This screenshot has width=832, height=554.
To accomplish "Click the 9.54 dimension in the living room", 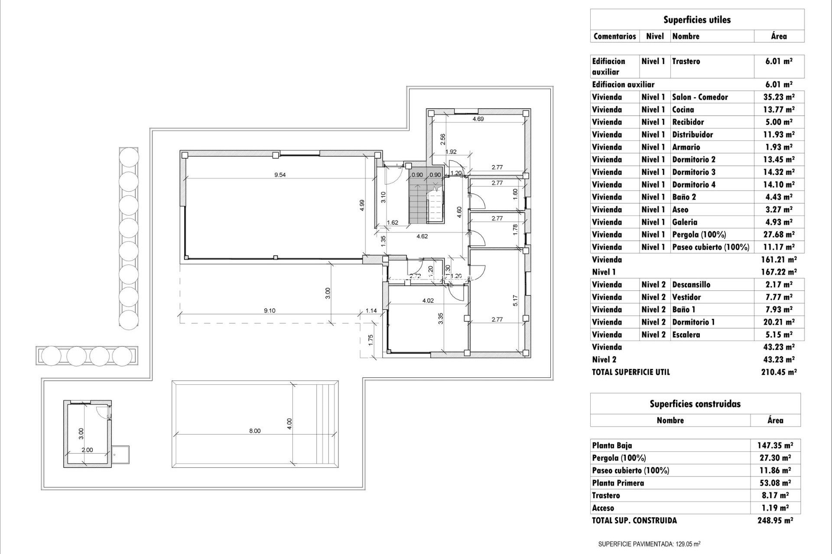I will click(280, 175).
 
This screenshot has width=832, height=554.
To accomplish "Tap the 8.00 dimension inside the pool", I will click(255, 431).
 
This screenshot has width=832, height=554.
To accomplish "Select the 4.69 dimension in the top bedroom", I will click(478, 119).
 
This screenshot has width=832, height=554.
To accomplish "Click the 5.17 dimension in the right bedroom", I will click(515, 301).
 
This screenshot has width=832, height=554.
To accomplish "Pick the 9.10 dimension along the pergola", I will click(270, 310).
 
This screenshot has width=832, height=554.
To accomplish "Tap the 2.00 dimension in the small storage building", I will click(87, 450).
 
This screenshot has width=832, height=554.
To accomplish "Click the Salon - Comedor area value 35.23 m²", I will click(779, 97).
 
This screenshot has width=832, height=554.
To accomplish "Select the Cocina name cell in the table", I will click(683, 110).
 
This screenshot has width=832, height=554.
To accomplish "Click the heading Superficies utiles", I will click(697, 19).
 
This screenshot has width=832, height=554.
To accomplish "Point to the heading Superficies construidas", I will click(695, 404).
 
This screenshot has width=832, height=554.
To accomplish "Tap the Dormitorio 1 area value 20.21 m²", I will click(779, 322).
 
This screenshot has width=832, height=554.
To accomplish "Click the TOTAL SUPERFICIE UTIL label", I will click(630, 372).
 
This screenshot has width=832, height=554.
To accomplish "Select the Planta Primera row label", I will click(617, 483).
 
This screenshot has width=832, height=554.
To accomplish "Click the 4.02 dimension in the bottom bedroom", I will click(428, 300).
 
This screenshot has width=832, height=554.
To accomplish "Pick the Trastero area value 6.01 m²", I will click(779, 61).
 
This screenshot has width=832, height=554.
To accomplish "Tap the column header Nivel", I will click(655, 36).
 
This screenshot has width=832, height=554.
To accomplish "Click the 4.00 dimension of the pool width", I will click(289, 423).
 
